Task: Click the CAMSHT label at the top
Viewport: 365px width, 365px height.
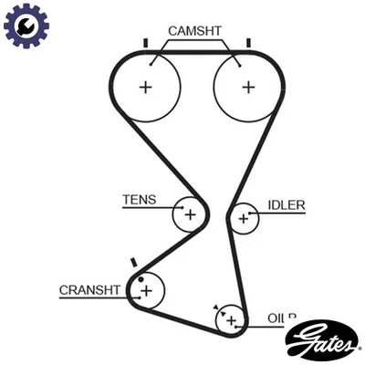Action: tap(195, 30)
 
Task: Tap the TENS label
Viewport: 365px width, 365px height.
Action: tap(140, 199)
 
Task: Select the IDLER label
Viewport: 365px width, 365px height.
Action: tap(285, 204)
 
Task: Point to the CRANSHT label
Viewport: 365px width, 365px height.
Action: tap(89, 290)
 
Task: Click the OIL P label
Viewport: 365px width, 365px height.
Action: tap(282, 318)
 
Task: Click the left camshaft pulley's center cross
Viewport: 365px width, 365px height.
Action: tap(145, 87)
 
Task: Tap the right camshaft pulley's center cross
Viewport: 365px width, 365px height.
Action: tap(248, 87)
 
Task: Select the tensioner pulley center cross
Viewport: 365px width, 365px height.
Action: tap(190, 214)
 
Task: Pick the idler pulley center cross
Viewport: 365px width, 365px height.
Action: tap(244, 218)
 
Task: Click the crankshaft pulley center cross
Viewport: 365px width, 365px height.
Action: tap(145, 291)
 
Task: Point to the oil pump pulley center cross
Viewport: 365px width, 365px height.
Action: tap(232, 320)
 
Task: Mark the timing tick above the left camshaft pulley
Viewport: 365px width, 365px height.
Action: tap(145, 42)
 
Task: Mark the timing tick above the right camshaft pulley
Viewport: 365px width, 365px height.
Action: tap(248, 42)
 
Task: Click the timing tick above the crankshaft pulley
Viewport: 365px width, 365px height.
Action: tap(134, 262)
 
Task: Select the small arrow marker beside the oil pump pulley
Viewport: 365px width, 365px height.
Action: tap(215, 308)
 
